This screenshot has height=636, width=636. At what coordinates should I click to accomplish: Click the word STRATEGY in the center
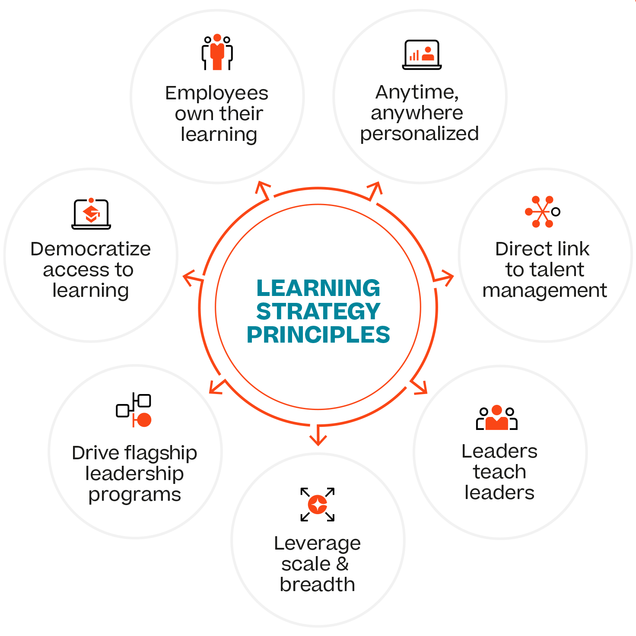tap(318, 311)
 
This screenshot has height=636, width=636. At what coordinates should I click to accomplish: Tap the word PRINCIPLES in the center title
tap(318, 334)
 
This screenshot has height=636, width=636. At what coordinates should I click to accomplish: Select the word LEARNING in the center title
tap(318, 288)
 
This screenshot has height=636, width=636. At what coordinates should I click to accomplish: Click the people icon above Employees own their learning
tap(217, 52)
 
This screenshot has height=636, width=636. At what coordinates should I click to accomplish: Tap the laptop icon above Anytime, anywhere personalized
tap(422, 55)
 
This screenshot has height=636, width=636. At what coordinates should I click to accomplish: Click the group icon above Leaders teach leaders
tap(497, 418)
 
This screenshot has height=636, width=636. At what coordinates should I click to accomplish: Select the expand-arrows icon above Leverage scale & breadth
tap(318, 504)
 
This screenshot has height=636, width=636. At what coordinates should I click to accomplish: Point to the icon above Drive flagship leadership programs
tap(134, 410)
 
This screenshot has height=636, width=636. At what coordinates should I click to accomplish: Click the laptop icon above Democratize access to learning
tap(91, 213)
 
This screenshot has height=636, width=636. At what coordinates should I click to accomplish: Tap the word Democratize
tap(91, 249)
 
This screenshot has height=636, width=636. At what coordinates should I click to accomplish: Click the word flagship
tap(160, 453)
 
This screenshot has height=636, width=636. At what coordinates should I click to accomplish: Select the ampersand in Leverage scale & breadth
tap(342, 564)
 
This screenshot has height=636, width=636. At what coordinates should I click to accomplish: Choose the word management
tap(544, 291)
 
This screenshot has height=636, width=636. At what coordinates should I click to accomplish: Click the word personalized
tap(420, 134)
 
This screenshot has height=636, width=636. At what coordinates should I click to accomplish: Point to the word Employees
tap(217, 93)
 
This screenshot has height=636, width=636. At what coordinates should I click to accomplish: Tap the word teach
tap(499, 472)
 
